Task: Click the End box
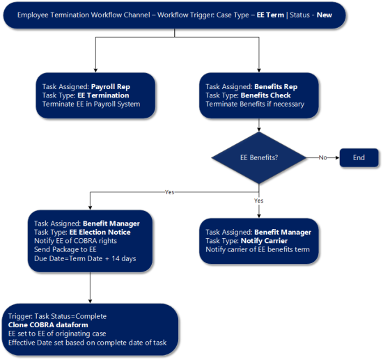click(359, 157)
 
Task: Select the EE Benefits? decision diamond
click(259, 157)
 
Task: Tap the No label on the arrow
click(322, 157)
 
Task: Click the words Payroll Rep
click(111, 87)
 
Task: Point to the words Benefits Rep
click(276, 87)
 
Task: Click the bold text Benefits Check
click(265, 95)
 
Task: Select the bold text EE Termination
click(103, 95)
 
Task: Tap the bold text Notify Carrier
click(264, 241)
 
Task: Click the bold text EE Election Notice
click(100, 232)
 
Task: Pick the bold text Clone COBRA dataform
click(48, 324)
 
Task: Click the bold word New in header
click(324, 15)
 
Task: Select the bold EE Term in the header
click(270, 15)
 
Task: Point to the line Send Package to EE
click(65, 249)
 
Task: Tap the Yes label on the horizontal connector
click(169, 192)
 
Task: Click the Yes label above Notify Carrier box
click(258, 201)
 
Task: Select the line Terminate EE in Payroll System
click(91, 104)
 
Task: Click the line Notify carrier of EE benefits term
click(258, 249)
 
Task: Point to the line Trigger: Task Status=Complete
click(57, 316)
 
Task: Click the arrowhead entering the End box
click(338, 157)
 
